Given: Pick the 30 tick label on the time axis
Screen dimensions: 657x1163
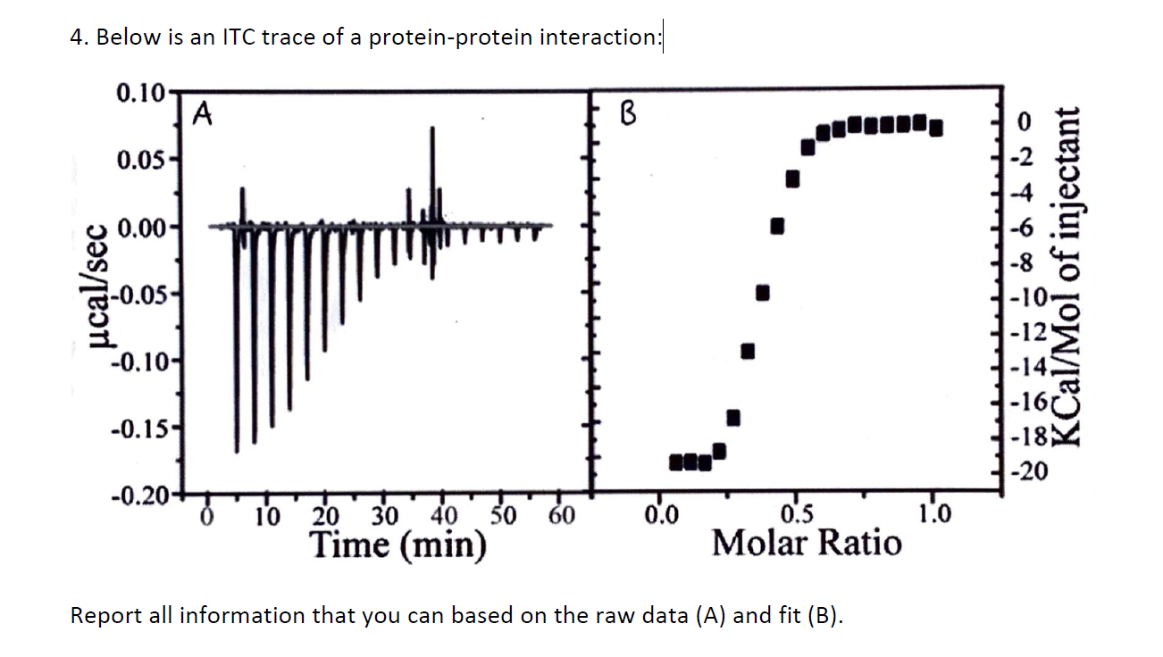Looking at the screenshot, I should pos(383,516).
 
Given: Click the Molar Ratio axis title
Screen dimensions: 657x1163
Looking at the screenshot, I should pos(807,542).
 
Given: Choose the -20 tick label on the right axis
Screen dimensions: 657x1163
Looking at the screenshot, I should pos(1025,471).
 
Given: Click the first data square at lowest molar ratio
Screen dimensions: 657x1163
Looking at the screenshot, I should pos(676,462).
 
